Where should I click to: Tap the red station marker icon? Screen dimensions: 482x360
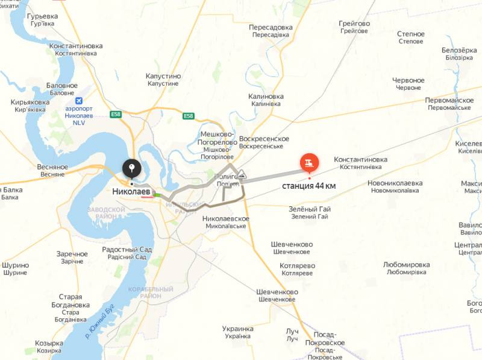click(x=309, y=162)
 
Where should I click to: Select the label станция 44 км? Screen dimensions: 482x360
click(x=309, y=186)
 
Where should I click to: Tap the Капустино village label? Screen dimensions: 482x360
click(x=163, y=77)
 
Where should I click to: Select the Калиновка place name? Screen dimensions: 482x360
click(x=266, y=96)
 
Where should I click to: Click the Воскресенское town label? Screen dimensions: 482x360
click(x=264, y=139)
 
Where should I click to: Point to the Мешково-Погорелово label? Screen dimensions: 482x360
click(x=216, y=138)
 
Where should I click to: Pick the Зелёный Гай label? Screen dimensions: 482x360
click(x=310, y=209)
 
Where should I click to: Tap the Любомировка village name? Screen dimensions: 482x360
click(x=406, y=265)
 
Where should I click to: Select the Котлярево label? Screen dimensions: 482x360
click(x=297, y=266)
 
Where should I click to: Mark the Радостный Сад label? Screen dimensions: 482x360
click(x=127, y=250)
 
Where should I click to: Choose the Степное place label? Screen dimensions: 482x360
click(x=411, y=34)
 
